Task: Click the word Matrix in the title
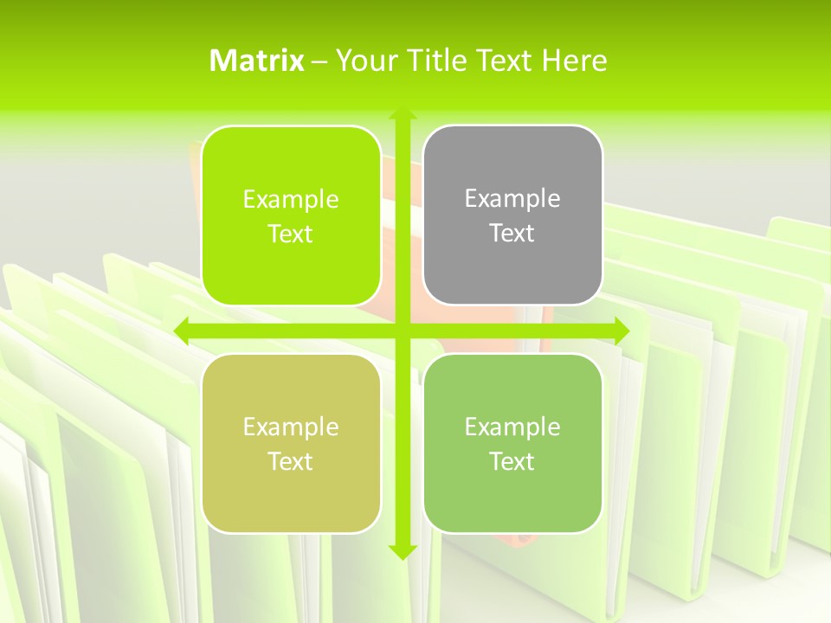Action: pyautogui.click(x=257, y=61)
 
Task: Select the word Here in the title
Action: pyautogui.click(x=574, y=61)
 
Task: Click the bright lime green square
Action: pyautogui.click(x=291, y=216)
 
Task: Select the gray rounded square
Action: pyautogui.click(x=512, y=215)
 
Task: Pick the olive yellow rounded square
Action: pyautogui.click(x=291, y=443)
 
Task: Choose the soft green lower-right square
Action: pyautogui.click(x=512, y=443)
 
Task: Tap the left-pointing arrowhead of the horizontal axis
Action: pyautogui.click(x=181, y=331)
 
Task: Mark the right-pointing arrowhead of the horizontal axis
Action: pyautogui.click(x=622, y=331)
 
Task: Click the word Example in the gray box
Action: pyautogui.click(x=512, y=199)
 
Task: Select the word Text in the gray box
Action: pyautogui.click(x=512, y=233)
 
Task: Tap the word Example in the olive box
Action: pyautogui.click(x=291, y=427)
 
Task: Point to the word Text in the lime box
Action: pyautogui.click(x=291, y=234)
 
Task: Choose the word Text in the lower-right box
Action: pyautogui.click(x=512, y=461)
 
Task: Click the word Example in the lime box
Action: pyautogui.click(x=291, y=200)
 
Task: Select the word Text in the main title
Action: pyautogui.click(x=501, y=61)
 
